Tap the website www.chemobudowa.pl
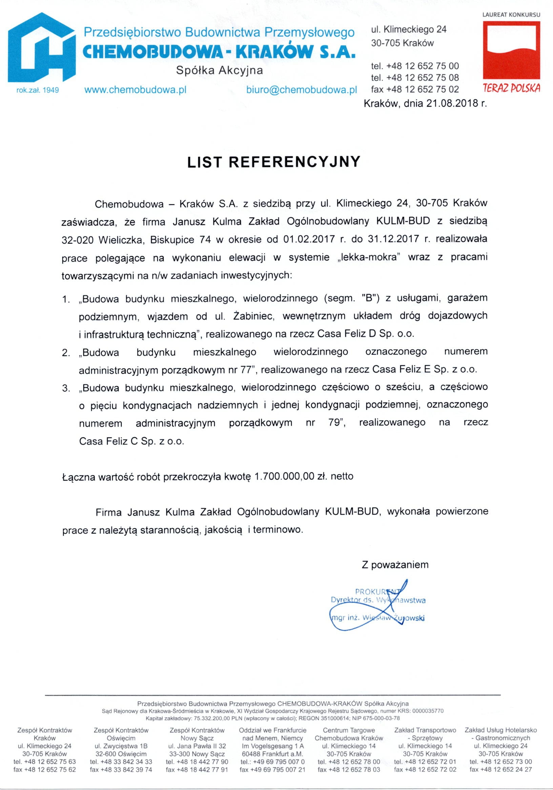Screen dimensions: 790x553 pyautogui.click(x=135, y=90)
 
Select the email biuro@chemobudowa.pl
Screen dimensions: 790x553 pyautogui.click(x=302, y=90)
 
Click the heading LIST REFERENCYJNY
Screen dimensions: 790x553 pyautogui.click(x=273, y=162)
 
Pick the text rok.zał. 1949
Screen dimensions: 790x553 pyautogui.click(x=38, y=90)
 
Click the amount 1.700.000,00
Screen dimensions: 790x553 pyautogui.click(x=284, y=476)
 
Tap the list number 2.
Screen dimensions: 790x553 pyautogui.click(x=66, y=353)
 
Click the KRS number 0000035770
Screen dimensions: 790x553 pyautogui.click(x=428, y=710)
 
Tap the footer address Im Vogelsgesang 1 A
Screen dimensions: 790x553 pyautogui.click(x=272, y=746)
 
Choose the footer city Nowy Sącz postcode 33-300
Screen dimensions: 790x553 pyautogui.click(x=197, y=753)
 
